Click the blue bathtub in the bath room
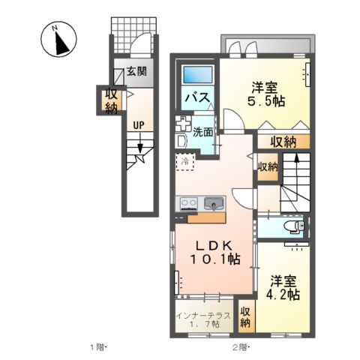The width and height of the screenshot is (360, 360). coord(198,76)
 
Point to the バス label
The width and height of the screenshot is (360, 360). coord(196,99)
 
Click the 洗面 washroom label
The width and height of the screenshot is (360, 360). coord(202,132)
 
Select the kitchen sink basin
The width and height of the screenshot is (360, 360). coord(214,202)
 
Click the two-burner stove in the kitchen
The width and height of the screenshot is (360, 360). coord(187,202)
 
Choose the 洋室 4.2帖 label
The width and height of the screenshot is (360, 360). coord(285,288)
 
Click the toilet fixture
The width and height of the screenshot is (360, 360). coord(292,226)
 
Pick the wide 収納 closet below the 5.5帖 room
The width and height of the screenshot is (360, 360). coord(283,141)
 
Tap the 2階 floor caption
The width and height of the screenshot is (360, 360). coord(238,347)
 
